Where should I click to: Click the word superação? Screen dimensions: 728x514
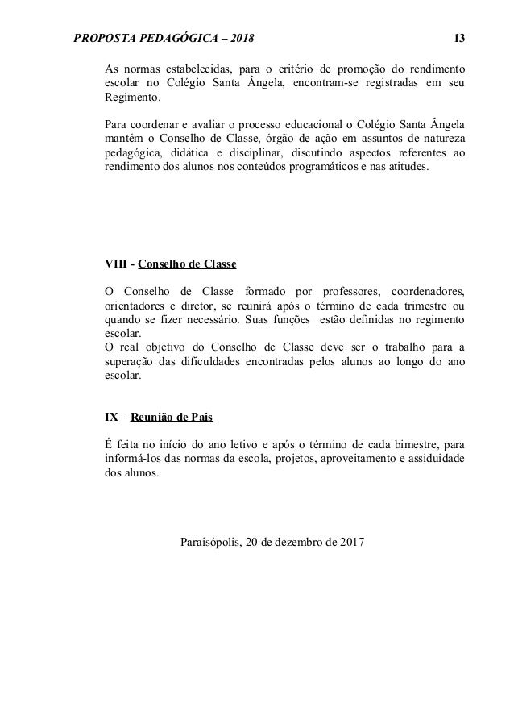click(131, 362)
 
